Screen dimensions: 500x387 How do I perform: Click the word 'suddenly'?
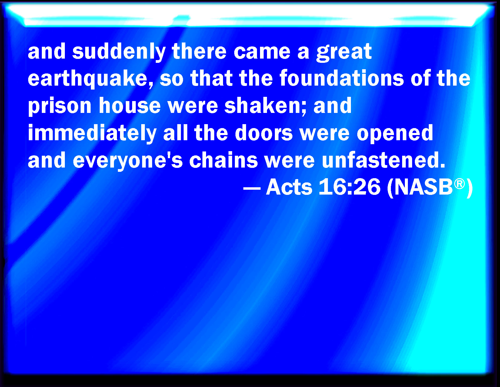coord(119,52)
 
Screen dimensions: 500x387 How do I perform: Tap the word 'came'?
coord(262,52)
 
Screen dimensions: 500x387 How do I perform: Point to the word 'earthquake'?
coord(90,79)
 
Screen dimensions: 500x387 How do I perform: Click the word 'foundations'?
coord(342,78)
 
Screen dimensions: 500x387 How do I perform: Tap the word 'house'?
coord(129,106)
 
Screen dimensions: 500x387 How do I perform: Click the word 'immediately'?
coord(92,134)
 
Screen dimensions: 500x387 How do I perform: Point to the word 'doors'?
coord(264,133)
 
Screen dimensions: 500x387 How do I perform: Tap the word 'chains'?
coord(223,160)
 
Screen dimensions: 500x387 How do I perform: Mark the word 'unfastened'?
coord(383,160)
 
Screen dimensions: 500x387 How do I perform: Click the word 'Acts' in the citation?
coord(289,187)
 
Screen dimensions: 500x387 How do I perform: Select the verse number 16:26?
coord(349,187)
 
